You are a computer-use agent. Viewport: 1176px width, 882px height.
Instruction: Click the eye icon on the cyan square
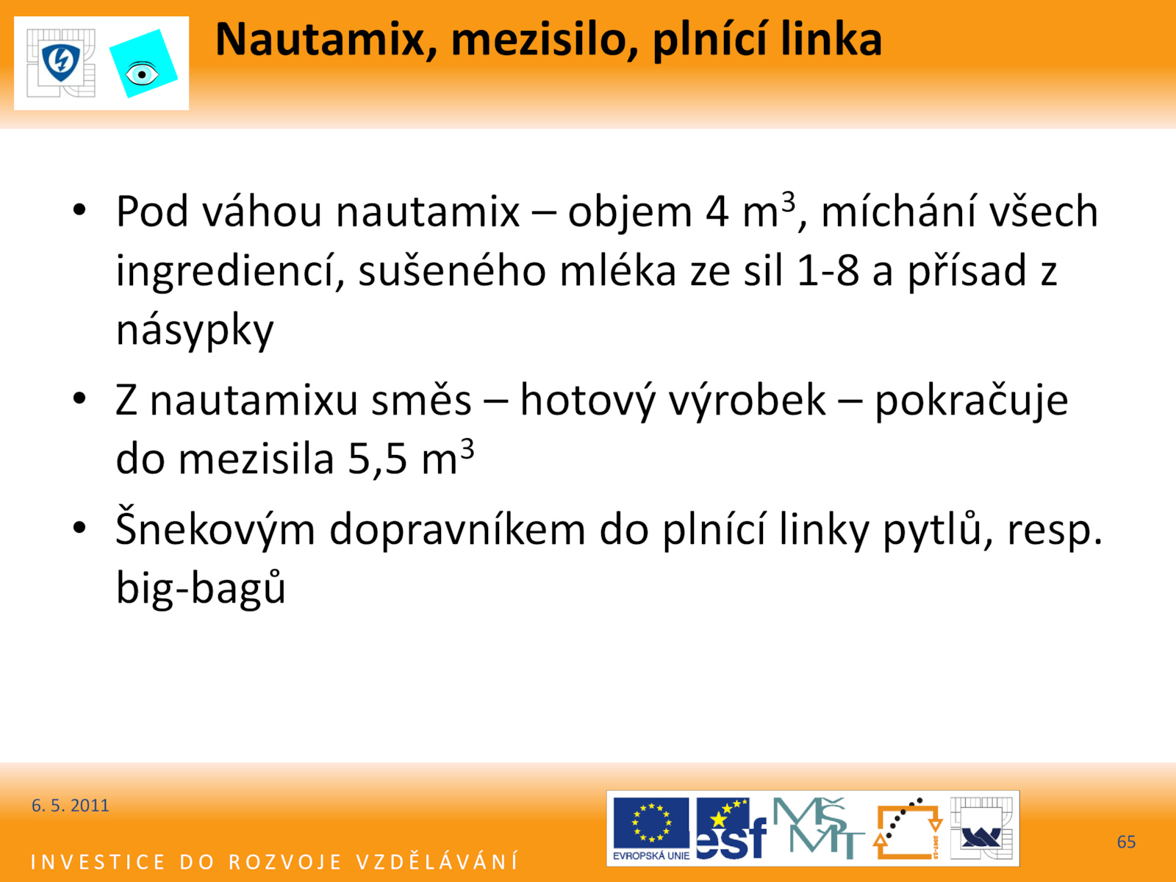[141, 74]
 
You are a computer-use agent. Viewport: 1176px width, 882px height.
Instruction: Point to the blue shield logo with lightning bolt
[61, 62]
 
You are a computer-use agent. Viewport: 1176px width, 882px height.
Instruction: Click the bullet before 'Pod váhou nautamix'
[79, 210]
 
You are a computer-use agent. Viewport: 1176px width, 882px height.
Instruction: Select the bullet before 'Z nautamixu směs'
[79, 399]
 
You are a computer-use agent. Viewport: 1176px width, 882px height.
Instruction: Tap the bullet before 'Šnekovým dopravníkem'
[79, 528]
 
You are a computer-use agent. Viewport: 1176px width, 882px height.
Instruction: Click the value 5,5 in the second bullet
[377, 459]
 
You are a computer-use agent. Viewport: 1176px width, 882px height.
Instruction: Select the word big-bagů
[201, 586]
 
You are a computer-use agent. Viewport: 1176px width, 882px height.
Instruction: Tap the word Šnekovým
[215, 528]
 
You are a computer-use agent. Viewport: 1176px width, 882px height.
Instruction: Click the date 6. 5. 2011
[70, 806]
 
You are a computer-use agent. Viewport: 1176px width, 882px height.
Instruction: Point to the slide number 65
[1126, 842]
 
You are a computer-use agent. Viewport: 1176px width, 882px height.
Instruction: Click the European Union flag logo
[651, 828]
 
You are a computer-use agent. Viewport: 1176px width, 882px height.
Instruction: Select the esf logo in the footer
[731, 828]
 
